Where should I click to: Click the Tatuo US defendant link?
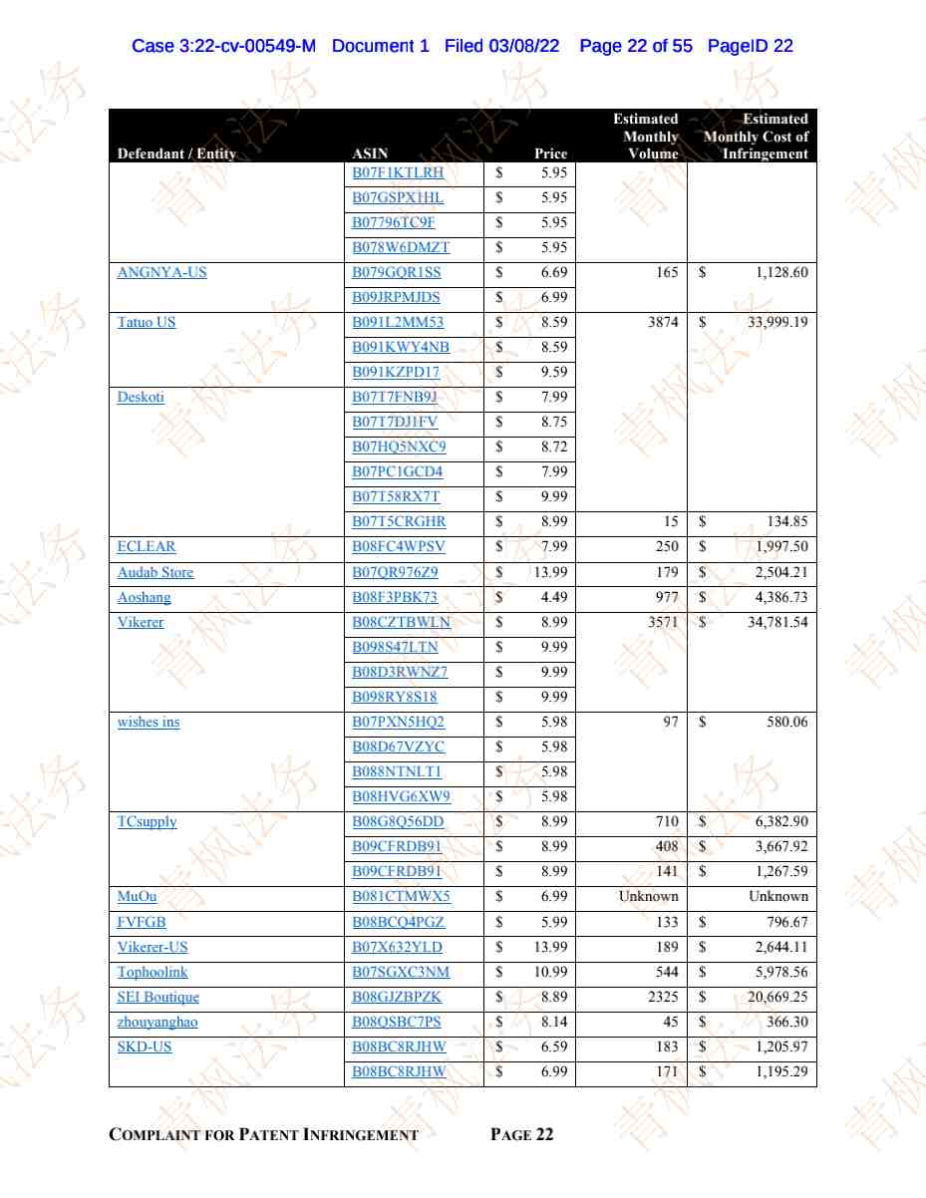(x=147, y=322)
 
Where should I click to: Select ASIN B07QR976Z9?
(x=395, y=572)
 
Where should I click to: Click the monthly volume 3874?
(x=661, y=322)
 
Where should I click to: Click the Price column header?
(x=550, y=153)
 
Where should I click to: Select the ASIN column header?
(x=370, y=153)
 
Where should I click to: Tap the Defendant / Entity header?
(x=175, y=153)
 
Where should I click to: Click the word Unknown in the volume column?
(x=648, y=896)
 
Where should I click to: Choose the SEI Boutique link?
(x=157, y=997)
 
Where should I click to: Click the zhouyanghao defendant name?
(x=157, y=1022)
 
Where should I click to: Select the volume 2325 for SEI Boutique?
(x=661, y=997)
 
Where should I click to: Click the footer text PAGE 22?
(x=522, y=1134)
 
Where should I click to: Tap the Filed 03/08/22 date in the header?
(x=501, y=46)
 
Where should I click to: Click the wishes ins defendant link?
(x=149, y=722)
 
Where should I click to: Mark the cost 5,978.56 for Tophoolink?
(x=780, y=972)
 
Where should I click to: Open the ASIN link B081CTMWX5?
(x=401, y=896)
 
